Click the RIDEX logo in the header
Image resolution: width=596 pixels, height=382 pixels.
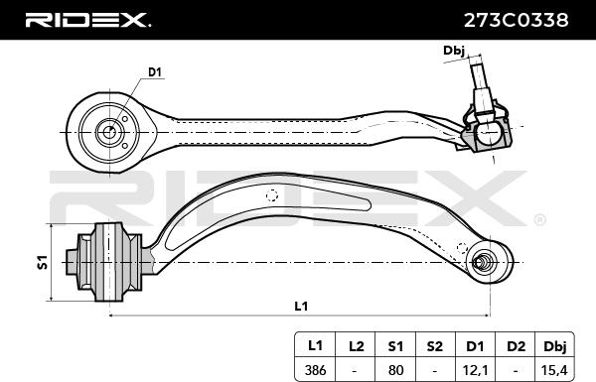(x=87, y=20)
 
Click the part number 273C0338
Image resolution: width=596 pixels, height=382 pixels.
(x=516, y=20)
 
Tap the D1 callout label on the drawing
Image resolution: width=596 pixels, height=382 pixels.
(x=155, y=72)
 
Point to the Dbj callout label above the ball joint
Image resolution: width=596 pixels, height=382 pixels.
(x=454, y=51)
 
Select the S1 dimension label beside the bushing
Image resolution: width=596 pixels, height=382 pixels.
(x=43, y=262)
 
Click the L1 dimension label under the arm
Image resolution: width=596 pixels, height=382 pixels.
(x=301, y=306)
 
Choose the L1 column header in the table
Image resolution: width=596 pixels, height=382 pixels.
(x=315, y=345)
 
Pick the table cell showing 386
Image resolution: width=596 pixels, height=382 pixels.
(x=315, y=369)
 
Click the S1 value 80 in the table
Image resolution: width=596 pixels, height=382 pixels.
(x=395, y=369)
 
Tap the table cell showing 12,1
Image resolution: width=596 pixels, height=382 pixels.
(x=475, y=369)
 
